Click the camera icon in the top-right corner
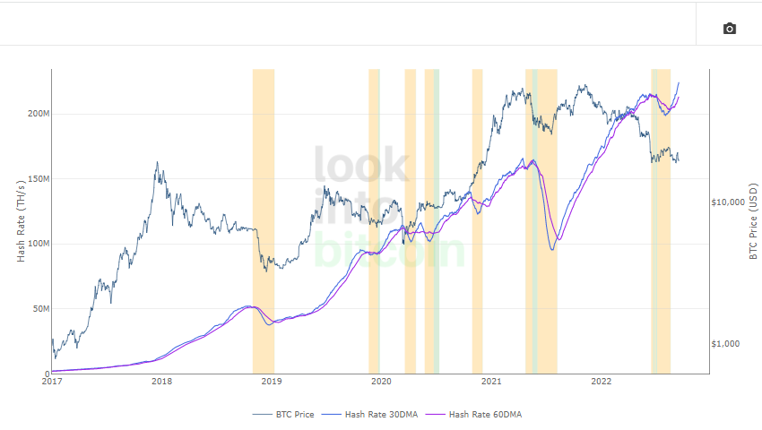tap(729, 29)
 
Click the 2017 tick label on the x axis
tap(51, 382)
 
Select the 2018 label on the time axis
tap(161, 382)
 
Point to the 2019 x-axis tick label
tap(271, 382)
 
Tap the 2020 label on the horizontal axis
tap(381, 382)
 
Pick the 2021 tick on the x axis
tap(491, 382)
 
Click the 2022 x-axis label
tap(601, 382)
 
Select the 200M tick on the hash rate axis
tap(39, 114)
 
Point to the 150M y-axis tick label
tap(39, 179)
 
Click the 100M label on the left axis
tap(39, 244)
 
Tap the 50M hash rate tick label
tap(41, 308)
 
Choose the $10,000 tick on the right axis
tap(728, 202)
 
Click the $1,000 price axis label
tap(725, 344)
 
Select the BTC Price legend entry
tap(283, 415)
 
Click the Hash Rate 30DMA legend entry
tap(370, 415)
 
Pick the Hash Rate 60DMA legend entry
tap(474, 415)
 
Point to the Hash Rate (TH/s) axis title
tap(21, 221)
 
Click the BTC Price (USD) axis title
tap(753, 221)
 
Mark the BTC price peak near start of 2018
tap(157, 162)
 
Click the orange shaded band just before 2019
tap(264, 221)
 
